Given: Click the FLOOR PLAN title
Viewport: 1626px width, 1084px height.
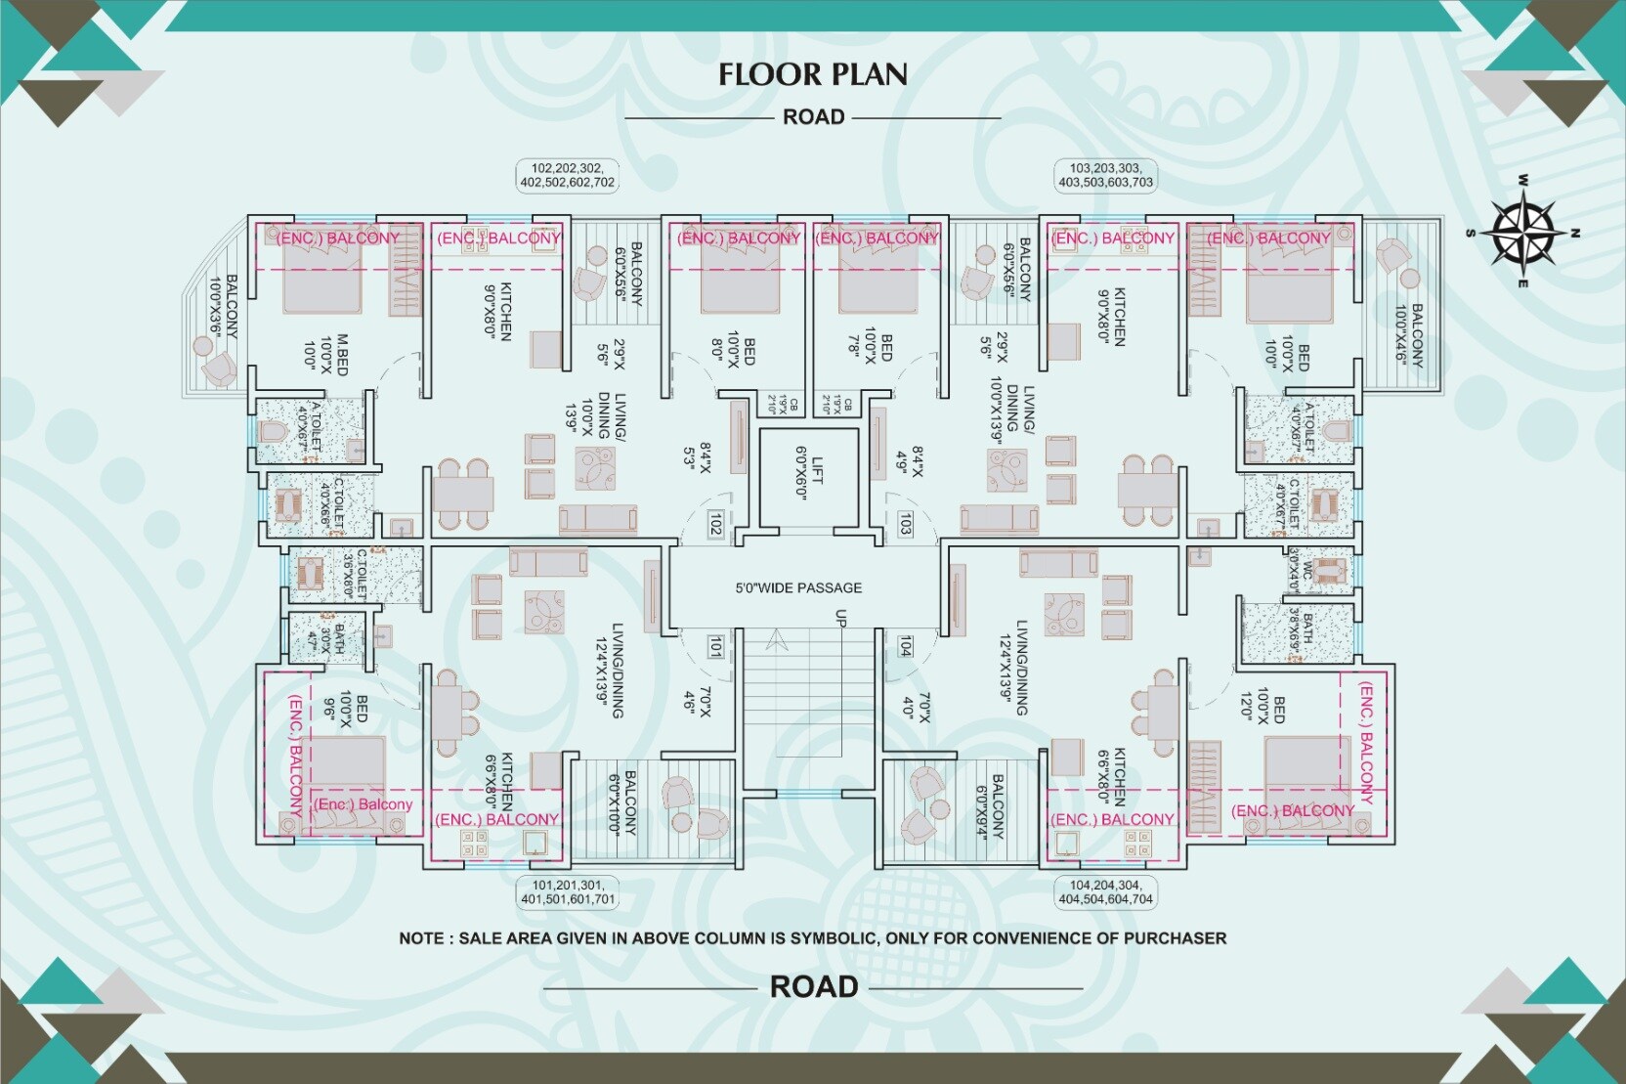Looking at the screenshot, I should [813, 74].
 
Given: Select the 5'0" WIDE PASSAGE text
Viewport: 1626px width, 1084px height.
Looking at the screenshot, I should [798, 587].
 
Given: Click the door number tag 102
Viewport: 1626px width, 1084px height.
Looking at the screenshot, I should [715, 524].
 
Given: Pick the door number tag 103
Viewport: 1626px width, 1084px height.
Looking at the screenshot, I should [905, 524].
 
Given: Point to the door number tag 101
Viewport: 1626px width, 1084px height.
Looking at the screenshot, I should [715, 645].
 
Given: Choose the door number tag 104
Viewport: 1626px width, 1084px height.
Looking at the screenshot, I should [905, 645].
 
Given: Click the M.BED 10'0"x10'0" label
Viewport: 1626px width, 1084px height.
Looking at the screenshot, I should [326, 354].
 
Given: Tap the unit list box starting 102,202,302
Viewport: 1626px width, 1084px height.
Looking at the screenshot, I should [568, 175].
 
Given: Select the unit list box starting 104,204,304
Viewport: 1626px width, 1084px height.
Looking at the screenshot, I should [1105, 892].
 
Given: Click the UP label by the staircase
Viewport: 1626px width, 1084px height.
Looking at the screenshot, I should [839, 618].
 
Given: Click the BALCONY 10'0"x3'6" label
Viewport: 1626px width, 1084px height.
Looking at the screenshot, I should [223, 305].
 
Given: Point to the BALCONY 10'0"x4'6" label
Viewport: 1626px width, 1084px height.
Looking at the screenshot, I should [1409, 334].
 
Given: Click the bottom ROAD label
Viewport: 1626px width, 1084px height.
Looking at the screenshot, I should [813, 987].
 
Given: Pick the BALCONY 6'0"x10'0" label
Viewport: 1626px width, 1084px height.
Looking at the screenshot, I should [621, 802].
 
